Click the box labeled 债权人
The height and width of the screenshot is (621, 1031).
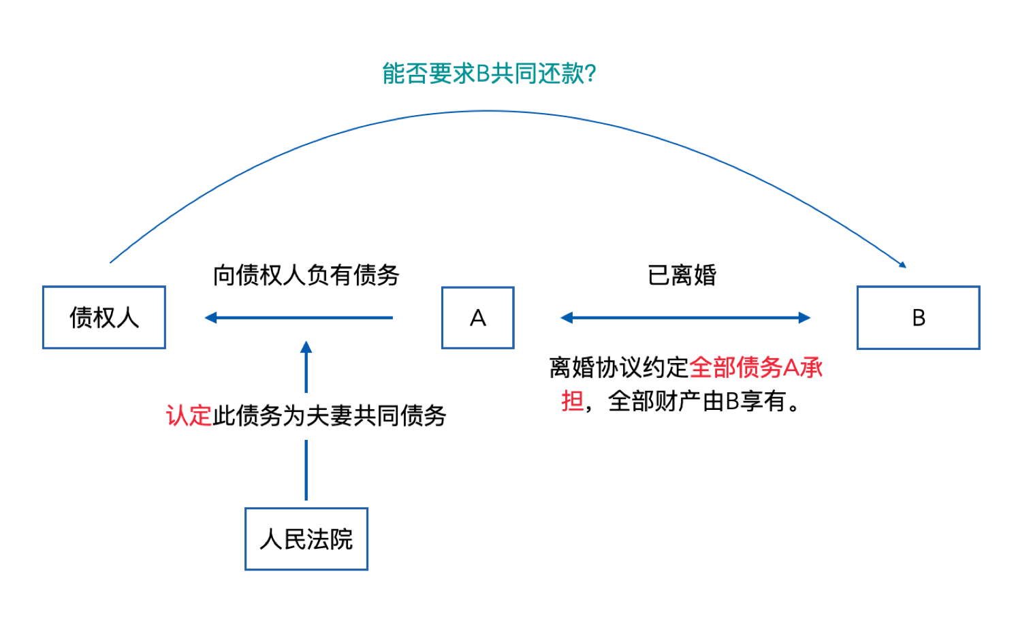(104, 317)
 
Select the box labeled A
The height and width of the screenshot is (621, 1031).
(477, 318)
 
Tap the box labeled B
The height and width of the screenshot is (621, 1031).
(918, 318)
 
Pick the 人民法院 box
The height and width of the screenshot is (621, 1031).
(306, 539)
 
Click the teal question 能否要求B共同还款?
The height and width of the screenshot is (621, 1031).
(489, 74)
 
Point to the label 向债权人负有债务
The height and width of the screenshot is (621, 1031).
(306, 275)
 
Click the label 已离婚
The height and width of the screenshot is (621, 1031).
(682, 275)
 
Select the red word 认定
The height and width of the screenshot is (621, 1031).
(189, 415)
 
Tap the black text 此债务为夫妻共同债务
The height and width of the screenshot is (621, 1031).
(330, 415)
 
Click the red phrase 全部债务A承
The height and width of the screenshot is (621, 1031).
(756, 368)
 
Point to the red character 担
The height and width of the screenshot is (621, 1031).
(572, 401)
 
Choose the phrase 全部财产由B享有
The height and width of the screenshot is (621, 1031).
(697, 401)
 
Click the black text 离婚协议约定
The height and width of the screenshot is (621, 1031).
(619, 368)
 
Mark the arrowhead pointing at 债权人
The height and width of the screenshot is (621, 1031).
(210, 317)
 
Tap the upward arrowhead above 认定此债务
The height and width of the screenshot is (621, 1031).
(306, 347)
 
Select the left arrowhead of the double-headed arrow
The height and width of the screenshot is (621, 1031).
(567, 317)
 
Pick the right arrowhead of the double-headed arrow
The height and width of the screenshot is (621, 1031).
(804, 317)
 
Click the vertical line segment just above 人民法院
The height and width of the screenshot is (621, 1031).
(306, 470)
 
